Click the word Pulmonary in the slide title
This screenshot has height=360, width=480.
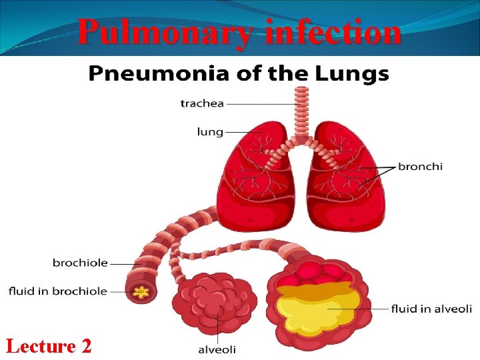(163, 32)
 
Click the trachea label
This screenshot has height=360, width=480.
(203, 103)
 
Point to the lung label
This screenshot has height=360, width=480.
(210, 131)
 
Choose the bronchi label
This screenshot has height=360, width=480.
(420, 166)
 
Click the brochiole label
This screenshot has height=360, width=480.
(80, 263)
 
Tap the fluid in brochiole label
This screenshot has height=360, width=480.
(58, 291)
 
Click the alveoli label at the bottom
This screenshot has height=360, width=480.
(217, 349)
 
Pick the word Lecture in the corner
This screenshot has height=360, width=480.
(41, 346)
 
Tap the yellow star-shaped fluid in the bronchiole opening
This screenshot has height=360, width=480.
(141, 291)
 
